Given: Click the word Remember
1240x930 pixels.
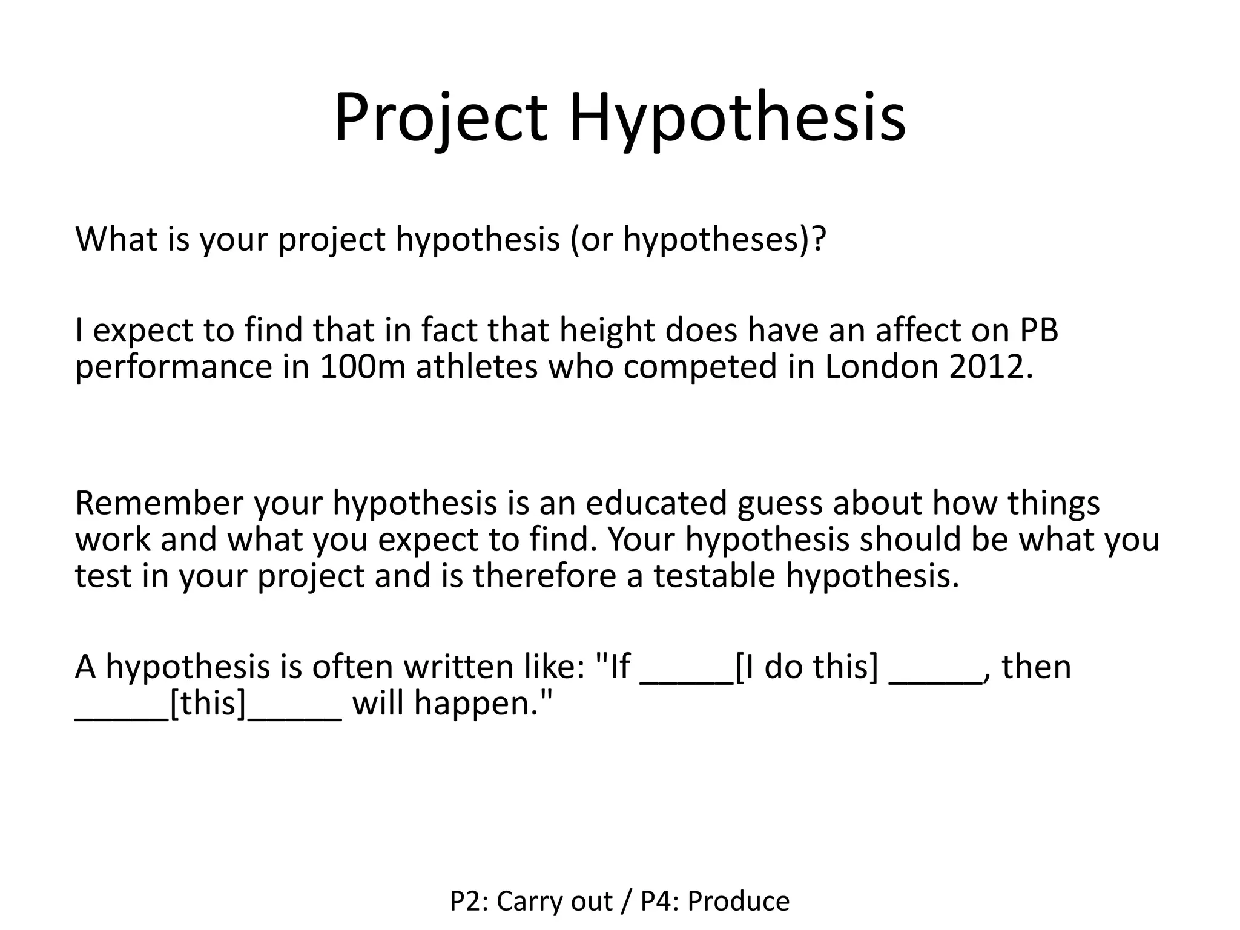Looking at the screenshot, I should (x=159, y=503).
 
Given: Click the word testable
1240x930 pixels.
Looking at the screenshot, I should (x=714, y=575).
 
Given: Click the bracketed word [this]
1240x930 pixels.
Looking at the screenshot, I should (x=209, y=704).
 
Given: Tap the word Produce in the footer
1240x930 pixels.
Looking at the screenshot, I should (x=739, y=902).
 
